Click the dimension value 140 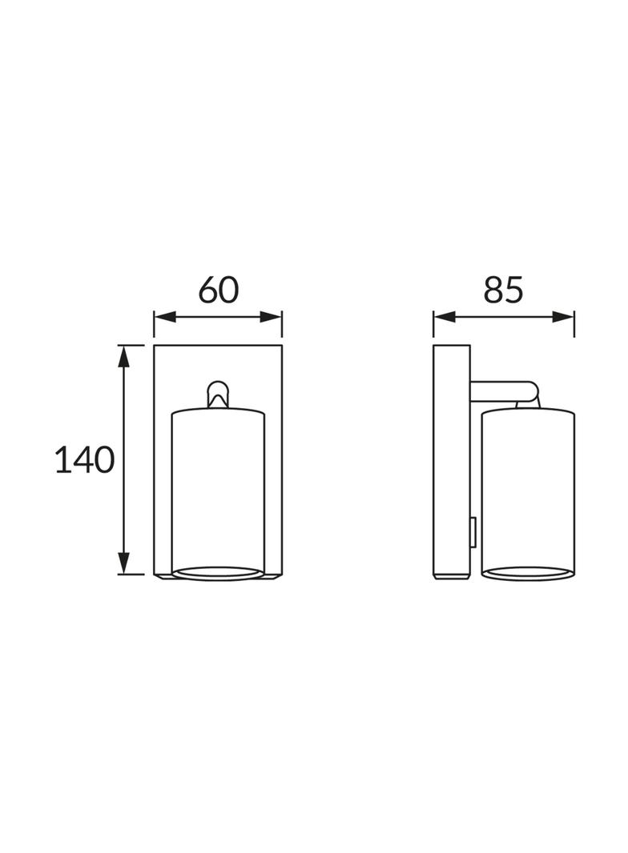[85, 459]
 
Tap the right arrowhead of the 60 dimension [271, 317]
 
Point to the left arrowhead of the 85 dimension [445, 317]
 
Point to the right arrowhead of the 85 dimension [563, 317]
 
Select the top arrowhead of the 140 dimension [125, 356]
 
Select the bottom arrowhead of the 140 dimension [125, 563]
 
